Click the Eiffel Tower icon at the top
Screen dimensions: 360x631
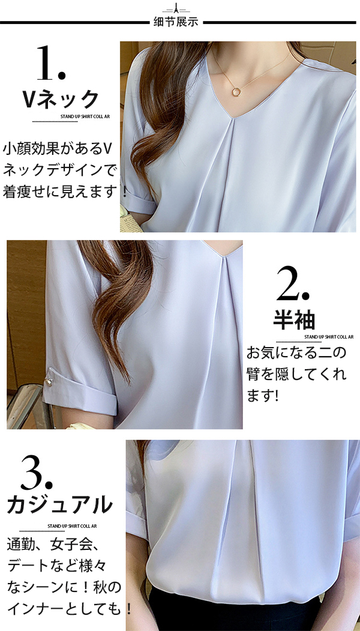[176, 8]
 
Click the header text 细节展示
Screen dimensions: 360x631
[176, 22]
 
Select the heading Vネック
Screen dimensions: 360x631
[61, 100]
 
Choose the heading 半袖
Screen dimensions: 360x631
[294, 320]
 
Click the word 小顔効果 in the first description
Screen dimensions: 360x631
[33, 148]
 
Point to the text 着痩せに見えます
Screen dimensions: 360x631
[61, 191]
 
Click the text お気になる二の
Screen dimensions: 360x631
[296, 354]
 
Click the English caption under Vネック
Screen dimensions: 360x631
[85, 116]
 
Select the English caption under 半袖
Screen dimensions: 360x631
[329, 337]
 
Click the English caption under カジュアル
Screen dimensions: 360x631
[72, 526]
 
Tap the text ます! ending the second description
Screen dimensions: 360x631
[263, 396]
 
